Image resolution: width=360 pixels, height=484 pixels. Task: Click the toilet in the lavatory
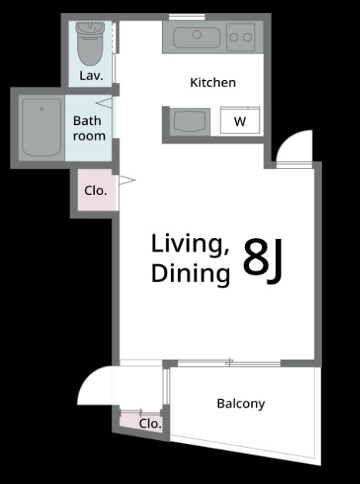coord(90,43)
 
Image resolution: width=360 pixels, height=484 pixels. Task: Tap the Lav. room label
coord(91,76)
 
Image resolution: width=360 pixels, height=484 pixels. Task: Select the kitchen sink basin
coord(197,37)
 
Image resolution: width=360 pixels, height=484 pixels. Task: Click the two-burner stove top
coord(241,37)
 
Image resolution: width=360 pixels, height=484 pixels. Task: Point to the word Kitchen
coord(213,82)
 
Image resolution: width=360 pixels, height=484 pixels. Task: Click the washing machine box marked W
coord(240,120)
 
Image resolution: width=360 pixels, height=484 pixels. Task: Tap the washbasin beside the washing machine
coord(190,121)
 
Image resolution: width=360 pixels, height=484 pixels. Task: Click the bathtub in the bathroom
coord(42,127)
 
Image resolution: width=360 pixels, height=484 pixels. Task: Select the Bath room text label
coord(89,128)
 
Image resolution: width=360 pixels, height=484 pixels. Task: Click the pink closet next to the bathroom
coord(96,190)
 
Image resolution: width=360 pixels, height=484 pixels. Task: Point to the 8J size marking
coord(263,261)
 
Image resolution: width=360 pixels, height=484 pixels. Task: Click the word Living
coord(190,245)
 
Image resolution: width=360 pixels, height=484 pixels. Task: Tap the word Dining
coord(190,274)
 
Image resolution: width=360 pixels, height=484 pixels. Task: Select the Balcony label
coord(241,404)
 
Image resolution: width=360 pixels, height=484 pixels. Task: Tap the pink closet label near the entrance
coord(150,424)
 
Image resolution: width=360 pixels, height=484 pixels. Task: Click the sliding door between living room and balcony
coord(229,363)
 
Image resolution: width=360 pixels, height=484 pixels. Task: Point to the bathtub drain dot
coord(42,109)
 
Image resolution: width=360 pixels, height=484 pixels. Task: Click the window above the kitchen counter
coord(187,17)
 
